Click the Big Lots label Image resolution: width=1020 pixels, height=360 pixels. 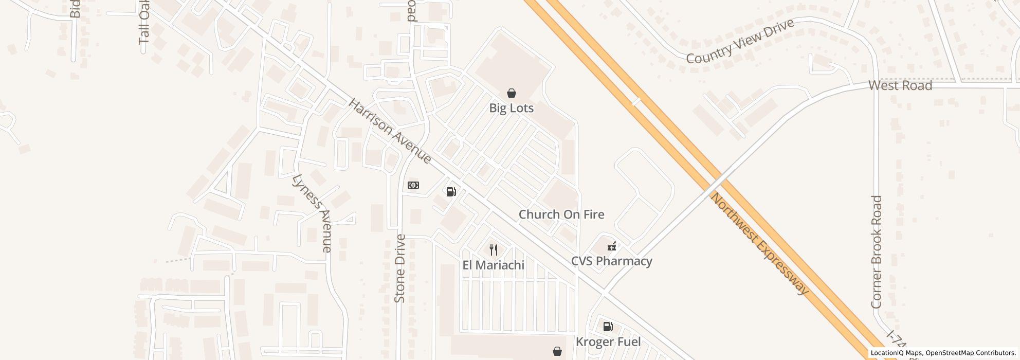pos(511,108)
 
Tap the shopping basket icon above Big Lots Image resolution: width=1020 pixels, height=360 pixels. pos(511,93)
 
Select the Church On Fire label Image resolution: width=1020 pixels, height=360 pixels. pos(561,214)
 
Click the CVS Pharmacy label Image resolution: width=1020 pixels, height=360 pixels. pos(612,261)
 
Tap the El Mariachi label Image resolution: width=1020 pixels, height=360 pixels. pos(494,265)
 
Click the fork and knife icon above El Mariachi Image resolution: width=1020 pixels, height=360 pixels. pos(494,250)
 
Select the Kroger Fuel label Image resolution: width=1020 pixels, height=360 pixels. pos(608,342)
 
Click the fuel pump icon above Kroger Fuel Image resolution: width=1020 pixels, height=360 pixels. pos(608,326)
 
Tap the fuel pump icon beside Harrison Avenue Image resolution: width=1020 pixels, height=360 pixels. pos(451,192)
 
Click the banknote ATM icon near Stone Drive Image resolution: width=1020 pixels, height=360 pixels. pos(413,185)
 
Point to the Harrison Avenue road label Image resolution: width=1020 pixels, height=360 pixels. pos(390,132)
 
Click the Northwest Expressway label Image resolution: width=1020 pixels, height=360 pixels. pos(759,244)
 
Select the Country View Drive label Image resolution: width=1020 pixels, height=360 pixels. pos(740,42)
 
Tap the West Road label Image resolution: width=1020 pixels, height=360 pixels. pos(900,85)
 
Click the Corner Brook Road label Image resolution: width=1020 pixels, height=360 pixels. pos(877,251)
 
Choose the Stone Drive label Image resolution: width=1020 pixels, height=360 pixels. pos(400,268)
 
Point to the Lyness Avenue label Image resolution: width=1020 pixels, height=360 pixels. pos(312,213)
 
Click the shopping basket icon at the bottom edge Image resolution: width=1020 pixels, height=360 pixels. pos(557,351)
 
